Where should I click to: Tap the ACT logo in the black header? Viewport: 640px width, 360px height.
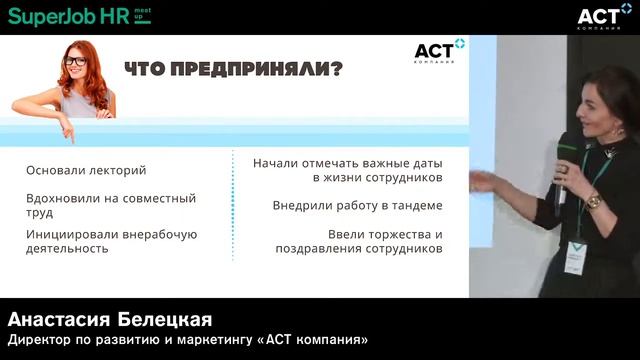(604, 16)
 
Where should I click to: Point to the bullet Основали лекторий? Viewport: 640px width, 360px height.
(86, 170)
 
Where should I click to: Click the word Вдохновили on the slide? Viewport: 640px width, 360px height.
(64, 198)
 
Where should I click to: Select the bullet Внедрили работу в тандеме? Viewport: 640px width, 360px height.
(357, 205)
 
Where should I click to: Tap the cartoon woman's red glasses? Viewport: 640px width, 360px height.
(76, 61)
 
